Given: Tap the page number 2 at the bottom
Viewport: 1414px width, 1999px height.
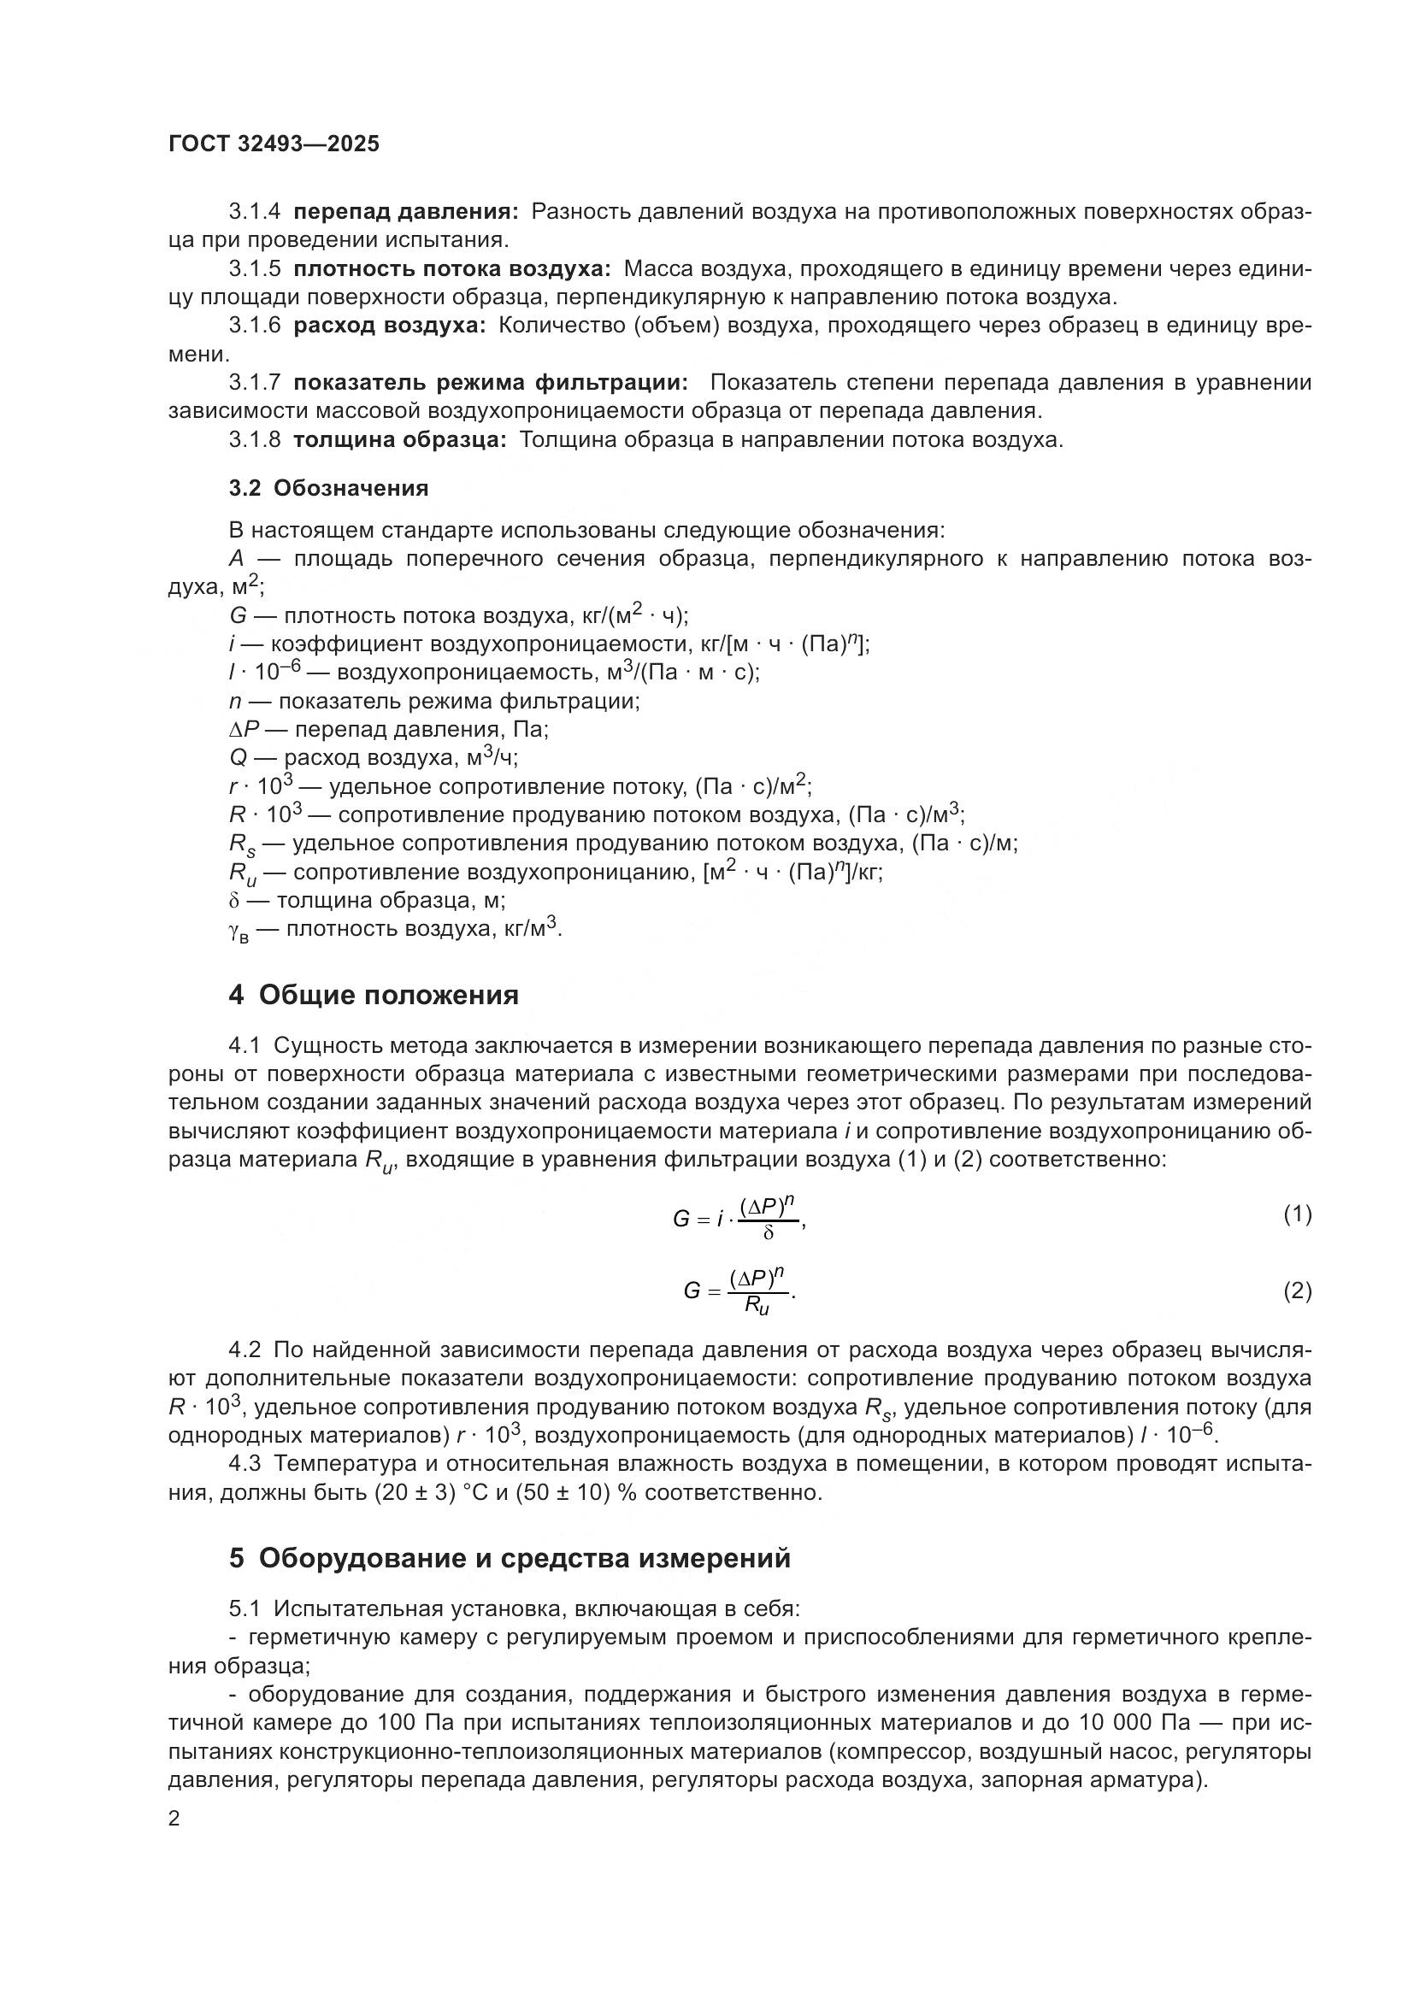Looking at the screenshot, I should (174, 1819).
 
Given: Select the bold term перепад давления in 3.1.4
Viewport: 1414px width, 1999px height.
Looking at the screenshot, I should (406, 212).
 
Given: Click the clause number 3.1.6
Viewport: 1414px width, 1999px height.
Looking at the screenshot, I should (254, 326).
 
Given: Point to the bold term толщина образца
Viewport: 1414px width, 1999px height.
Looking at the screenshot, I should (399, 439).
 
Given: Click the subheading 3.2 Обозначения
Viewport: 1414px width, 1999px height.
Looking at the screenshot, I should (328, 489).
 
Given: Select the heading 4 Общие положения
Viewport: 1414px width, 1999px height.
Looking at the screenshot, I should (374, 994).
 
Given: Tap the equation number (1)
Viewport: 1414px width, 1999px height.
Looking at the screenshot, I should (1297, 1214).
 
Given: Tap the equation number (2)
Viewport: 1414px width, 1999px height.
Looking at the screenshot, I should (1297, 1291).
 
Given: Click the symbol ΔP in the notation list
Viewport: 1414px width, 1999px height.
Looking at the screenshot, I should (245, 730).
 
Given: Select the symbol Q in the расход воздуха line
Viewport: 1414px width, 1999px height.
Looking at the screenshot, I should (237, 758).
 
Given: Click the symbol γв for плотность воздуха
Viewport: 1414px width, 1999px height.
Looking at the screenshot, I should (238, 931).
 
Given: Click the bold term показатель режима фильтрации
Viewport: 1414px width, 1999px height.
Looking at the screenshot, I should (490, 383).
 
